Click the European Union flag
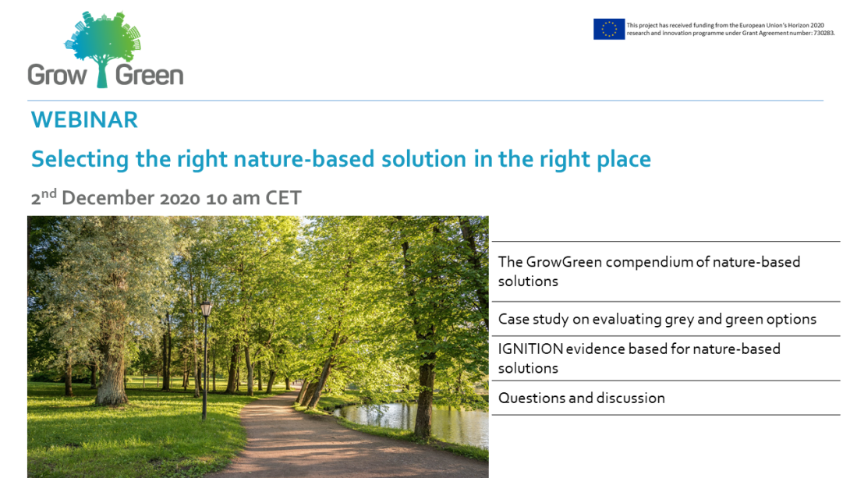(609, 30)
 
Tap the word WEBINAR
(84, 120)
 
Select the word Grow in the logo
(58, 75)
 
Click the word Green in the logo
(150, 75)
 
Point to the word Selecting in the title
(80, 159)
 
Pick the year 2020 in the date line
(180, 198)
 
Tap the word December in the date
(108, 198)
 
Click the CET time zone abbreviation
(283, 198)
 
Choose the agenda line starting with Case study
(657, 319)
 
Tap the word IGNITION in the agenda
(531, 349)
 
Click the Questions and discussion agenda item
(581, 398)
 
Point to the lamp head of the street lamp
(206, 309)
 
